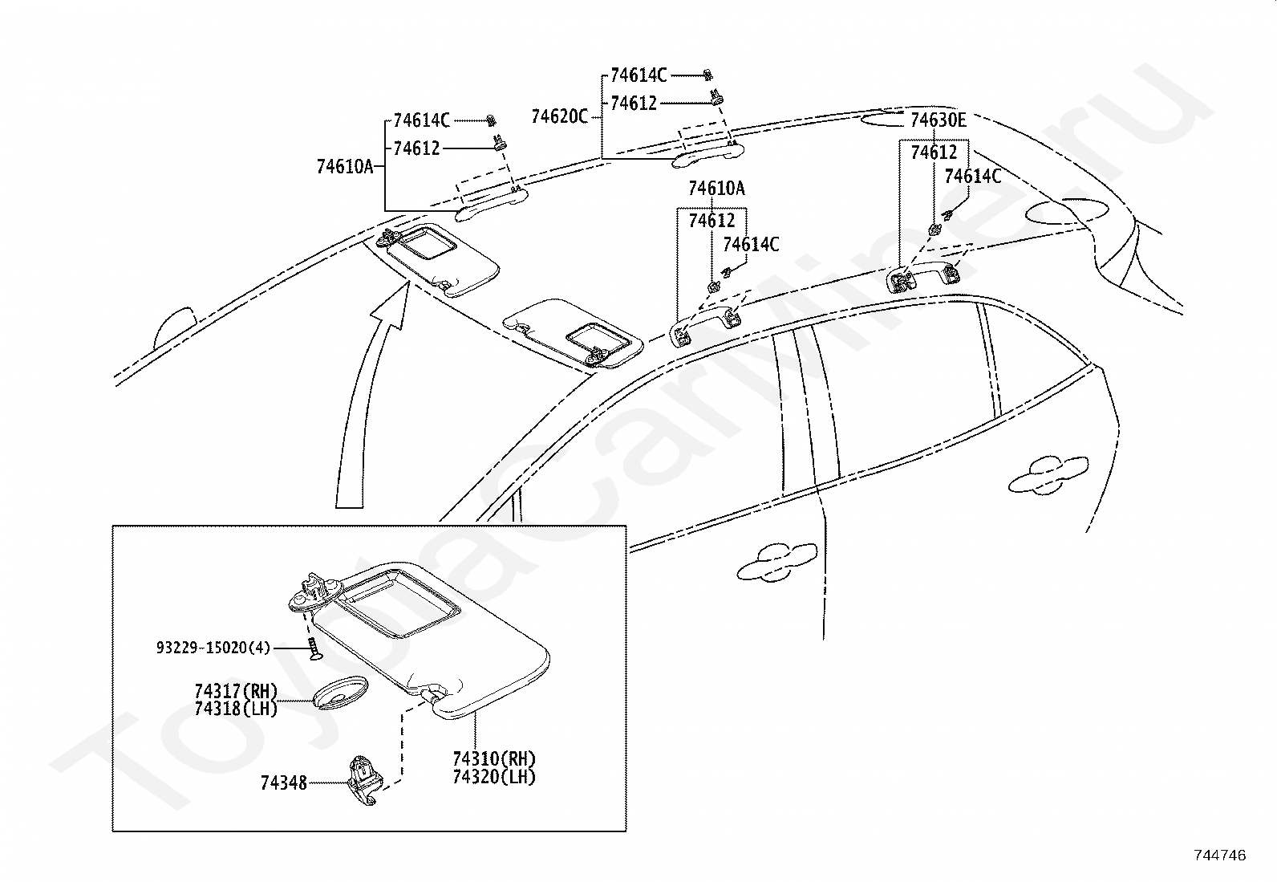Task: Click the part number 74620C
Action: coord(559,117)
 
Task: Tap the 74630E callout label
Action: coord(938,120)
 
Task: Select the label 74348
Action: coord(284,783)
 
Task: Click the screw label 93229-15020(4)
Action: coord(213,648)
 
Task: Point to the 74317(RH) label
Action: coord(236,692)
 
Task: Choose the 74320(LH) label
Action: coord(494,777)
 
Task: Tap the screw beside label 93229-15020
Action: coord(313,649)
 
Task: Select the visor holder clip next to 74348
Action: coord(364,780)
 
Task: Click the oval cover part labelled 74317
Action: coord(340,693)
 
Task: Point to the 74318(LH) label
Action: coord(236,709)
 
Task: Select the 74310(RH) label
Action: coord(494,759)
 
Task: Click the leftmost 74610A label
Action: coord(345,167)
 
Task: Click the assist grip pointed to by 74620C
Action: coord(707,154)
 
